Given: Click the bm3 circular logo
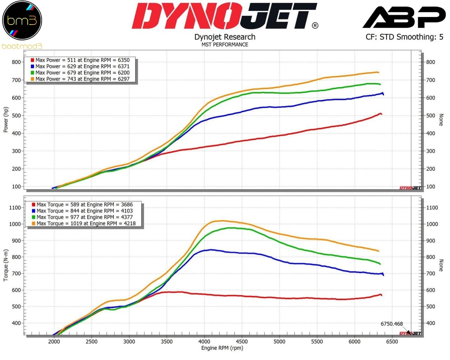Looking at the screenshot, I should (22, 20).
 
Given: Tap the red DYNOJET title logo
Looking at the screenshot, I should (225, 16).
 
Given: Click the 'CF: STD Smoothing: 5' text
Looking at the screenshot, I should (404, 37).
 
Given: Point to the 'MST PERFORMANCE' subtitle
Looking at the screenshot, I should (225, 44).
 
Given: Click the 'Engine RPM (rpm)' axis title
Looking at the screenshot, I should (222, 348).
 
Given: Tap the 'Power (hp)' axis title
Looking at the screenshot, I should (6, 120).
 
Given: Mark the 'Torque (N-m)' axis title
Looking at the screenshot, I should (6, 265).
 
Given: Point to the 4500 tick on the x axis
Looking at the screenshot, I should (242, 341).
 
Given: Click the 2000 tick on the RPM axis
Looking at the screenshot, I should (54, 341).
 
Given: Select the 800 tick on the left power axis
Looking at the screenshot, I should (16, 62).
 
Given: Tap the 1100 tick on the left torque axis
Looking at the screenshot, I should (15, 208).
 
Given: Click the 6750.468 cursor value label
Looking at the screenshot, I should (391, 324).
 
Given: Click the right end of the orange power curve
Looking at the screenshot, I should (378, 72).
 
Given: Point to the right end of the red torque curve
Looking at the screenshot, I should (381, 295).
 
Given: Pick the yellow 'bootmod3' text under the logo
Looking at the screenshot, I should (22, 46).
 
